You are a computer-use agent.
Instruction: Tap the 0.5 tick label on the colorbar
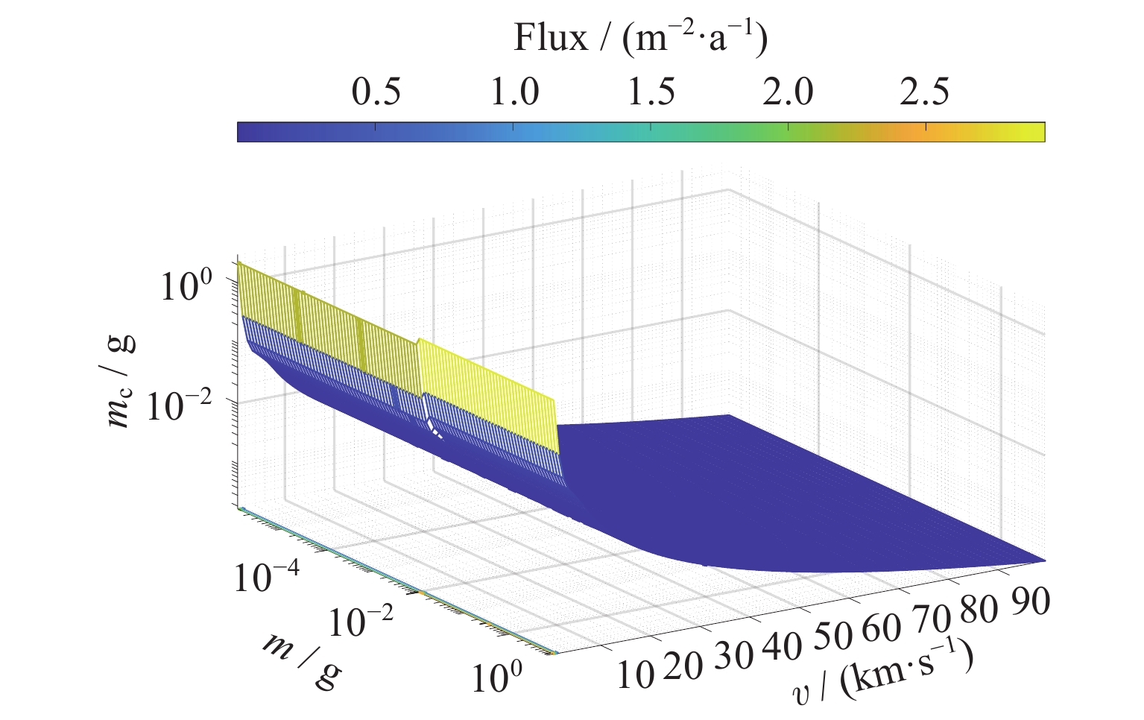click(x=376, y=93)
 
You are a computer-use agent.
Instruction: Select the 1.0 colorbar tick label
click(x=514, y=93)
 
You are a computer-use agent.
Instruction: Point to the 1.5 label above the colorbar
click(x=651, y=93)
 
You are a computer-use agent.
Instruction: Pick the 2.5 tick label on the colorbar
click(x=925, y=93)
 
